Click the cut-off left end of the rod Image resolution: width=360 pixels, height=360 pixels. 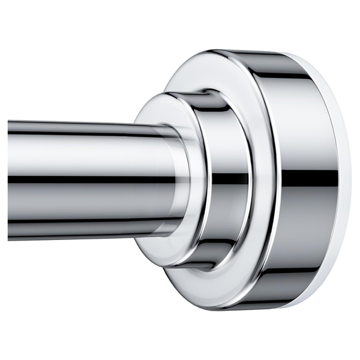pyautogui.click(x=10, y=180)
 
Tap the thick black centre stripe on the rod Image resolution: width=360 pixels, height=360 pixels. pyautogui.click(x=90, y=179)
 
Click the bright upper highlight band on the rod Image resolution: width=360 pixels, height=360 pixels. pyautogui.click(x=90, y=144)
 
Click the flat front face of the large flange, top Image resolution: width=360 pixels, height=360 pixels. pyautogui.click(x=198, y=72)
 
